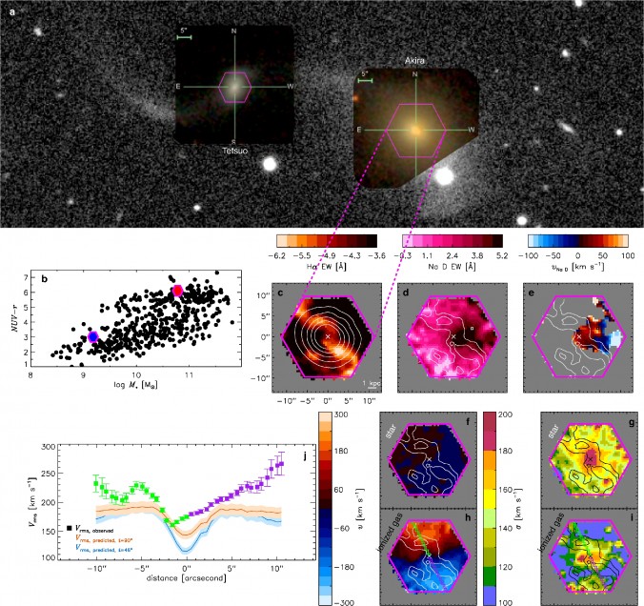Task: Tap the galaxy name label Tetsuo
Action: [230, 150]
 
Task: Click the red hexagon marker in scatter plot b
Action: [176, 290]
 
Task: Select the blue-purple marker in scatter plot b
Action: [92, 337]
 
